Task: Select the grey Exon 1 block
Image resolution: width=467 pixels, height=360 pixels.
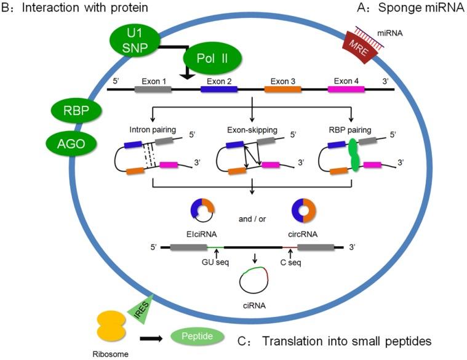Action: click(x=153, y=89)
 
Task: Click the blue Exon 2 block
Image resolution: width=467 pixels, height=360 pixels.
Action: click(x=219, y=89)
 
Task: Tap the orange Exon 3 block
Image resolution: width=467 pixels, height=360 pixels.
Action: click(x=282, y=89)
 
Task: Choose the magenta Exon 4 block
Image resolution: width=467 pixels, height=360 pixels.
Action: click(x=346, y=89)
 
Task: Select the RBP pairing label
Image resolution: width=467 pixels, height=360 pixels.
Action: click(x=348, y=130)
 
